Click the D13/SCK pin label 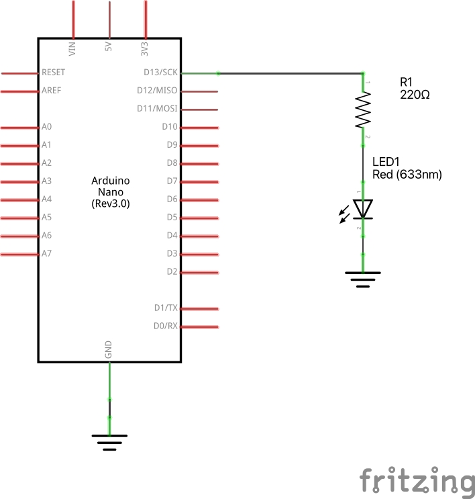tap(160, 72)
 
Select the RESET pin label tap(54, 72)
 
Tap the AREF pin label tap(52, 90)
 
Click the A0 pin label tap(46, 126)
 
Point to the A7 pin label tap(46, 253)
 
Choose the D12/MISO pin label tap(158, 90)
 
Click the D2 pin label tap(172, 271)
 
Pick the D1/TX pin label tap(165, 308)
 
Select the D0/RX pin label tap(165, 326)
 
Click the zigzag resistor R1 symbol tap(363, 109)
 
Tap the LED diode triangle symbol tap(363, 208)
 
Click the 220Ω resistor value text tap(415, 95)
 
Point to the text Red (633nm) tap(407, 175)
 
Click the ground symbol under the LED tap(363, 278)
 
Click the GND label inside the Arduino tap(109, 349)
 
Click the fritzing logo tap(416, 482)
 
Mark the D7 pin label tap(172, 181)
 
